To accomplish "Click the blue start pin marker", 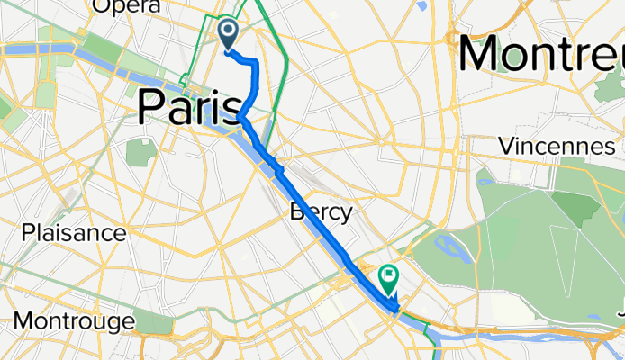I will coord(226,34).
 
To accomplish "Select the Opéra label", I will coord(127,7).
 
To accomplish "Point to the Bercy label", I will coord(320,212).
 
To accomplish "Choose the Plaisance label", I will coord(74,233).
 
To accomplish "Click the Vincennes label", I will coord(557,146).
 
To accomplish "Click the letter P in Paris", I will coord(153,108).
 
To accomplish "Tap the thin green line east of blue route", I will coord(283,81).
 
